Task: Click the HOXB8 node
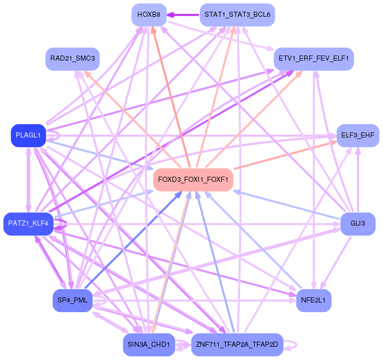click(149, 15)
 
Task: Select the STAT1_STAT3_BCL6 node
click(237, 15)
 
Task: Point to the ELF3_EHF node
click(358, 135)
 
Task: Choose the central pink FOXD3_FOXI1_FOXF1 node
click(193, 180)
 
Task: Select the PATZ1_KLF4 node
click(28, 224)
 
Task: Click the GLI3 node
click(358, 224)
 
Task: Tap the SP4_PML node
click(72, 300)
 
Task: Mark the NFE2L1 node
click(313, 300)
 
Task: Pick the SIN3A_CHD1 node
click(149, 345)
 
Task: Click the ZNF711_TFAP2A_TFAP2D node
click(237, 345)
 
